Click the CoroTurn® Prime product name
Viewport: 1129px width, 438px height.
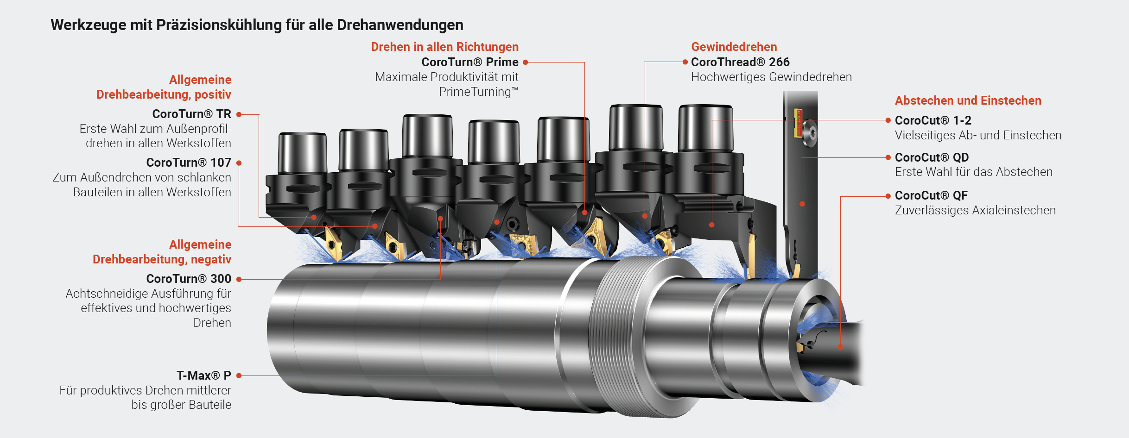470,62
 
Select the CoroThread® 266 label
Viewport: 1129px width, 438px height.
740,62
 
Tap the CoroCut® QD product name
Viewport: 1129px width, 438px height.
932,157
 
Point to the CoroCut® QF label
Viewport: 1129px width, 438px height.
931,195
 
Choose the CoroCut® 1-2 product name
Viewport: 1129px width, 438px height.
933,120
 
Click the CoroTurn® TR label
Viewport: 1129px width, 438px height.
191,114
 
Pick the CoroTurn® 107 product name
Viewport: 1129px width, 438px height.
189,163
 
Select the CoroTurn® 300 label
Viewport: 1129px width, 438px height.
189,279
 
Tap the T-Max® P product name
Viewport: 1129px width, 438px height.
204,375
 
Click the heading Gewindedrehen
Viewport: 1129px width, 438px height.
734,47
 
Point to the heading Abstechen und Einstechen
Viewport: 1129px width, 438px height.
968,100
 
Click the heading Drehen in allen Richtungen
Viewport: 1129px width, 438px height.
444,47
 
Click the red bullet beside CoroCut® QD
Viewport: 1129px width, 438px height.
888,157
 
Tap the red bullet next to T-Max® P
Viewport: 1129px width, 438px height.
239,375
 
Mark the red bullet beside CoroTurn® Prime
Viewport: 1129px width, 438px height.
526,62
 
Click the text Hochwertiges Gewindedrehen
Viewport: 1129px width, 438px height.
771,77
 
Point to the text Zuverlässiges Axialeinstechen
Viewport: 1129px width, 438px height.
975,210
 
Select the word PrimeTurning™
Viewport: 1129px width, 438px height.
478,92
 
